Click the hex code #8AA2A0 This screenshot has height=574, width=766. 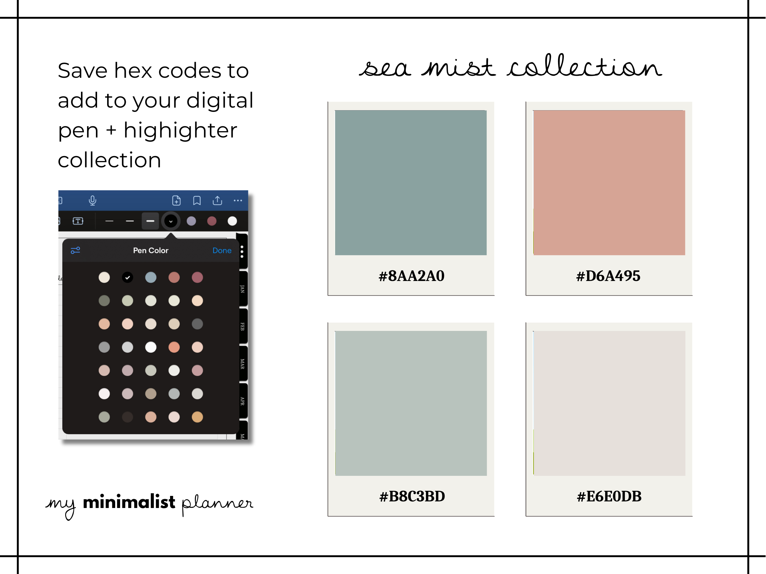tap(411, 276)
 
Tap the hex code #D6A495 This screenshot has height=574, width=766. tap(608, 276)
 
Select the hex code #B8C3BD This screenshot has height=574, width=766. tap(412, 497)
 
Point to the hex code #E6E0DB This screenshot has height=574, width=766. tap(609, 497)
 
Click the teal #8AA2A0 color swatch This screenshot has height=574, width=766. tap(411, 183)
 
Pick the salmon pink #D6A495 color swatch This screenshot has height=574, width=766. tap(609, 183)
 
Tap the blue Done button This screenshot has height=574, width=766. tap(222, 251)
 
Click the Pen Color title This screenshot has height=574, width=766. tap(151, 251)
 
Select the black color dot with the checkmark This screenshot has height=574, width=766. tap(128, 278)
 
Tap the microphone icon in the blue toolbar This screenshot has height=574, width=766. tap(92, 201)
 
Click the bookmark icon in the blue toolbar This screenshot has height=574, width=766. tap(197, 201)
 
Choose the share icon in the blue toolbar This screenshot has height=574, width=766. tap(217, 200)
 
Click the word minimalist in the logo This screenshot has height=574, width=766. tap(129, 502)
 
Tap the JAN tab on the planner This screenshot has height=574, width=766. tap(242, 289)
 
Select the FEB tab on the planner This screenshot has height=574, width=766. tap(242, 326)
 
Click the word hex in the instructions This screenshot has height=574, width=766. tap(133, 71)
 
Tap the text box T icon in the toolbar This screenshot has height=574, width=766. tap(78, 221)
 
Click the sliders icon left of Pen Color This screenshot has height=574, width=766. tap(76, 250)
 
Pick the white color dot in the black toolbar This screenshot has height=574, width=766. tap(232, 221)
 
